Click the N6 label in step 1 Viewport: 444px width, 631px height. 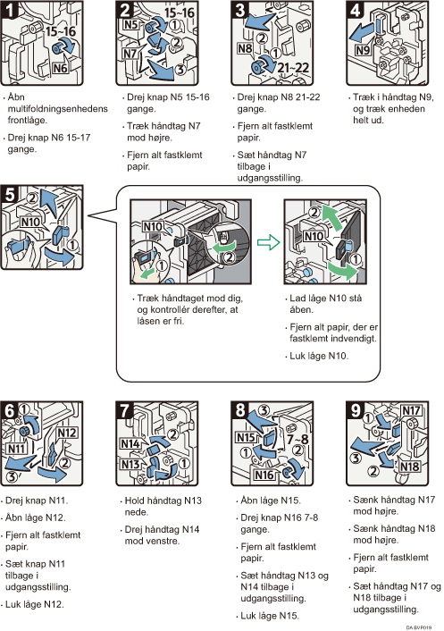tap(60, 68)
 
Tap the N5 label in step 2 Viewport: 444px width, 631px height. tap(130, 25)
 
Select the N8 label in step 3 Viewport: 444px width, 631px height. tap(245, 48)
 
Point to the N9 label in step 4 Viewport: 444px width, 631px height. tap(363, 50)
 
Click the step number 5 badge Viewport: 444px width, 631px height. tap(10, 194)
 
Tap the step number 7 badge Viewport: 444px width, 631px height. tap(125, 410)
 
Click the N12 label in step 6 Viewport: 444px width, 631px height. tap(67, 433)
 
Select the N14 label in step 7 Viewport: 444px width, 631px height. tap(130, 444)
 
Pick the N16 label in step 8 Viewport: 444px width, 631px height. tap(264, 475)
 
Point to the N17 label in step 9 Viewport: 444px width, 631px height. tap(411, 411)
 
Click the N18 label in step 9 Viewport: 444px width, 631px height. tap(409, 467)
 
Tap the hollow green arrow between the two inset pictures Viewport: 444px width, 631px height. tap(268, 242)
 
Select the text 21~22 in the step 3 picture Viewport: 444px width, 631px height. tap(293, 68)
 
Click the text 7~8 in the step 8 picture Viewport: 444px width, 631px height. tap(297, 439)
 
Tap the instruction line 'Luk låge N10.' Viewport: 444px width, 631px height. tap(319, 356)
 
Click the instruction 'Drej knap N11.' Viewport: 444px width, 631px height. tap(37, 501)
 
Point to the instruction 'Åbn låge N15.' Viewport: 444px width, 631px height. tap(271, 501)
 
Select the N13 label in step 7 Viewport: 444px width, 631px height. tap(130, 465)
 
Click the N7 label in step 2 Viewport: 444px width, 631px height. tap(130, 53)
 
